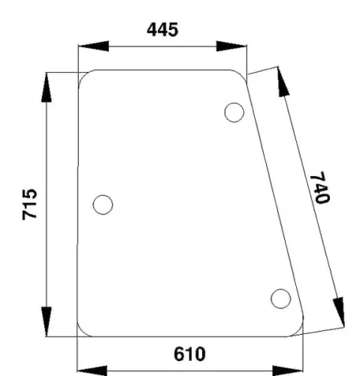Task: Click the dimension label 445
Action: (162, 29)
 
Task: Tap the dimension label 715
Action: (30, 205)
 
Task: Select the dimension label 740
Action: (320, 187)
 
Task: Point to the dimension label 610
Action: (189, 354)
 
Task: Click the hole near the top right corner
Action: (234, 113)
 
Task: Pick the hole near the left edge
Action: (103, 205)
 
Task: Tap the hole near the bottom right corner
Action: (281, 299)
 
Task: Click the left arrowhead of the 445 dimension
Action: (93, 46)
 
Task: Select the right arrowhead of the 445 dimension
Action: (231, 46)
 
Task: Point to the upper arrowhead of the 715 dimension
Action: (47, 87)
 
